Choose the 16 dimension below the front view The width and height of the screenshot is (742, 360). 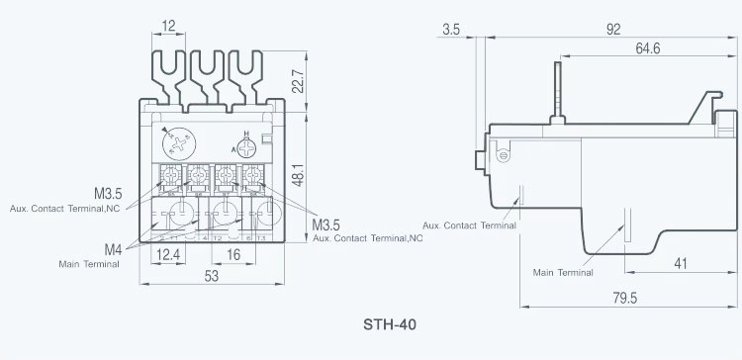[x=234, y=254]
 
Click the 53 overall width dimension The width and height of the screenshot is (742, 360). [x=212, y=277]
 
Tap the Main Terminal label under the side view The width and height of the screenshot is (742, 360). [x=563, y=272]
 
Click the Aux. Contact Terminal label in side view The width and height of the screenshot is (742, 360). [x=469, y=225]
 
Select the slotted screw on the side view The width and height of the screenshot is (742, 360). [x=503, y=154]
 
